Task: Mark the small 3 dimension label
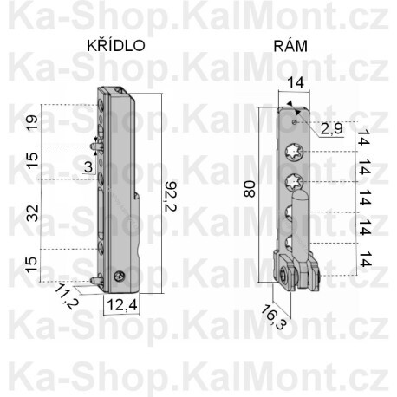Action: coord(88,166)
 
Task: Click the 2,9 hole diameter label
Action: coord(331,129)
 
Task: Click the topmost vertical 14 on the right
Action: coord(364,137)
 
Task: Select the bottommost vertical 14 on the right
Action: coord(364,257)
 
